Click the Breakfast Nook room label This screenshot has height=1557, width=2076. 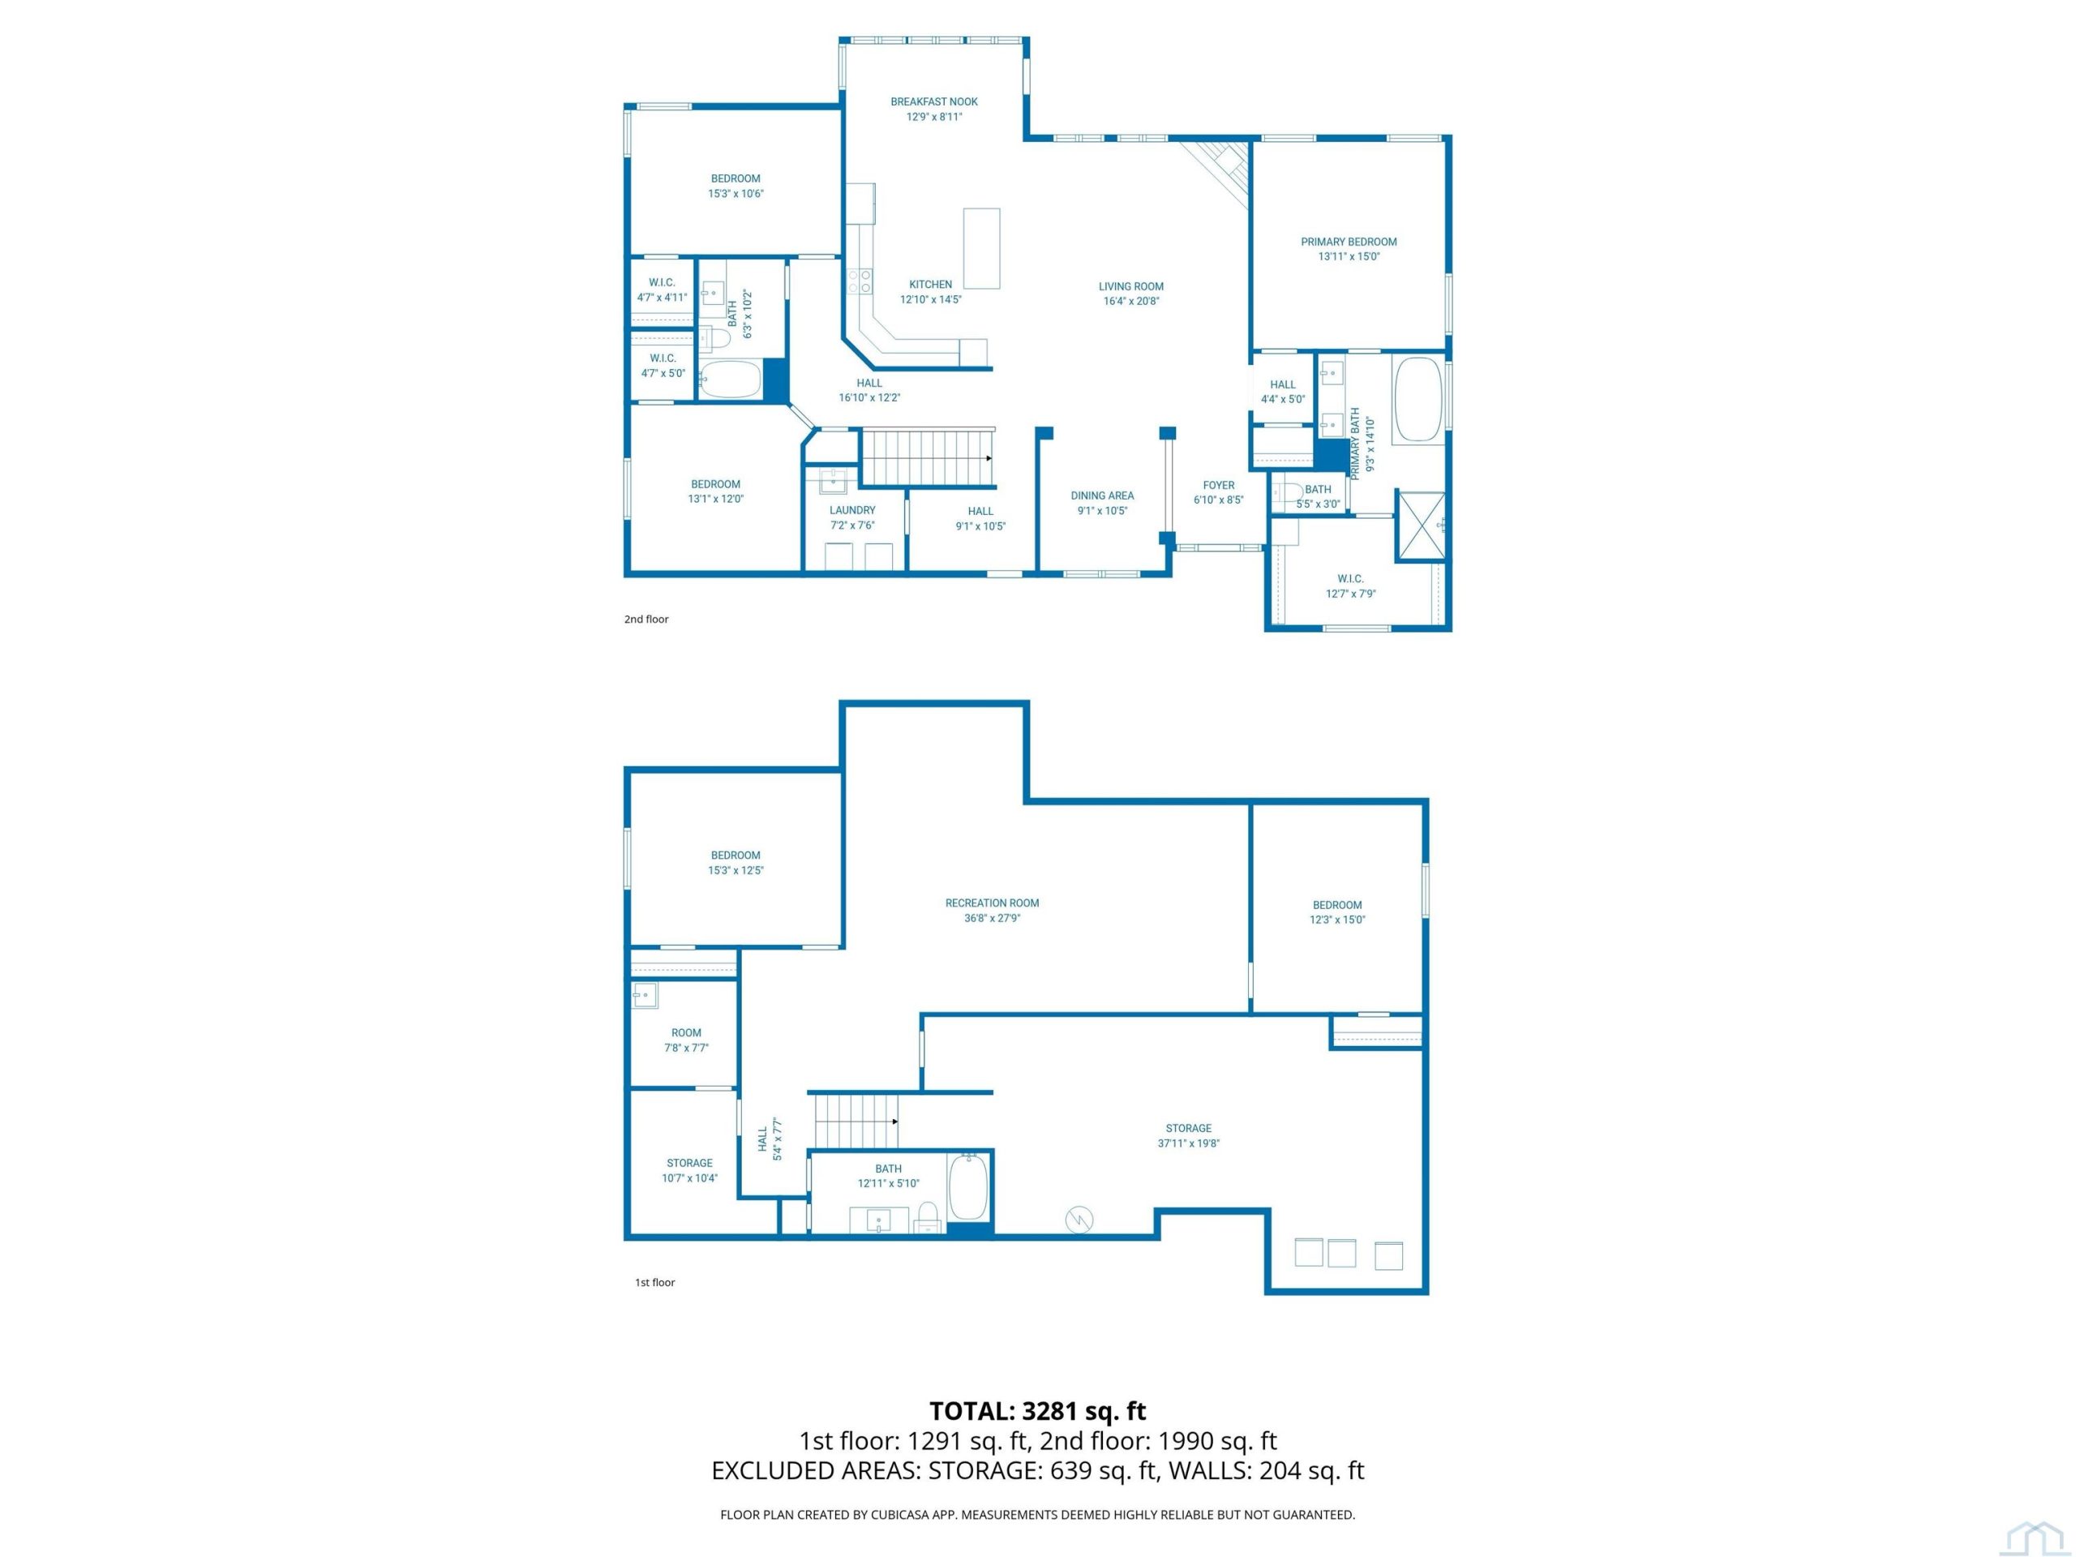click(934, 101)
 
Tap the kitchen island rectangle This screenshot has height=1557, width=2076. click(982, 249)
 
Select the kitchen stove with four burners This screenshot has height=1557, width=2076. click(860, 281)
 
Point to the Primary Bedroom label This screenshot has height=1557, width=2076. click(1349, 241)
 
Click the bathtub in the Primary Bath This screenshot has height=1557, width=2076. click(1418, 399)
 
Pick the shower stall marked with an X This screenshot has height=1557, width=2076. click(1422, 526)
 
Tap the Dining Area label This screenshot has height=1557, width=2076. click(1102, 495)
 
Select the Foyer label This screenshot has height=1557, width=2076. click(1218, 485)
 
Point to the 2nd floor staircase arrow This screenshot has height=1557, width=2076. click(989, 458)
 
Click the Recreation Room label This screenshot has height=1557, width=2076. click(992, 903)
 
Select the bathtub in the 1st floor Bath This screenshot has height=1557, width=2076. click(968, 1187)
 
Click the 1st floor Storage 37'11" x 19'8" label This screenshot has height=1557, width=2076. click(1188, 1135)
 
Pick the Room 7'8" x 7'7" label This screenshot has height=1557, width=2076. click(686, 1040)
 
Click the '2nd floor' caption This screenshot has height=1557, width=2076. click(646, 620)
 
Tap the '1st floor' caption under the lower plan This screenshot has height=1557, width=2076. click(655, 1282)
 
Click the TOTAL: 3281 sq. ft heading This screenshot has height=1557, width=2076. click(1038, 1410)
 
